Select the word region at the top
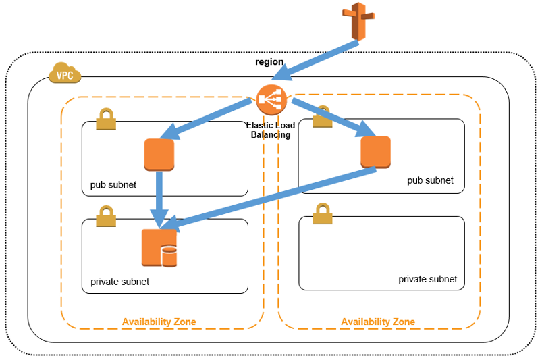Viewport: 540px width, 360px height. (x=269, y=62)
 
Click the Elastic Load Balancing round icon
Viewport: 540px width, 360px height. (x=272, y=101)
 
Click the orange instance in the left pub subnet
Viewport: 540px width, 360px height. (x=159, y=155)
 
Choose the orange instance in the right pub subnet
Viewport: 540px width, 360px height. (x=375, y=152)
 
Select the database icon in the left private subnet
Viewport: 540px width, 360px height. (x=159, y=248)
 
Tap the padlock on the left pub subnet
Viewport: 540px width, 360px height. (x=106, y=119)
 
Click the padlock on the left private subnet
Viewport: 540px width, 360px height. (x=106, y=216)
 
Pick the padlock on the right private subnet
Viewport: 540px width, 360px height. (x=323, y=213)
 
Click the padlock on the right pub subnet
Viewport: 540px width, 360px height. (x=323, y=117)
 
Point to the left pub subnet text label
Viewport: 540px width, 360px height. (x=113, y=185)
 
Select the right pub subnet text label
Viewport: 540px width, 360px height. (x=430, y=180)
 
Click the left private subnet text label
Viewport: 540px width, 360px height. (x=119, y=282)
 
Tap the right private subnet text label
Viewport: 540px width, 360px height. (x=427, y=279)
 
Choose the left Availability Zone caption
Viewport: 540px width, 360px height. (x=159, y=322)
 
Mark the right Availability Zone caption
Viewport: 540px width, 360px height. (x=378, y=322)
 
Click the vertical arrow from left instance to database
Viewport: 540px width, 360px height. (x=160, y=196)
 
